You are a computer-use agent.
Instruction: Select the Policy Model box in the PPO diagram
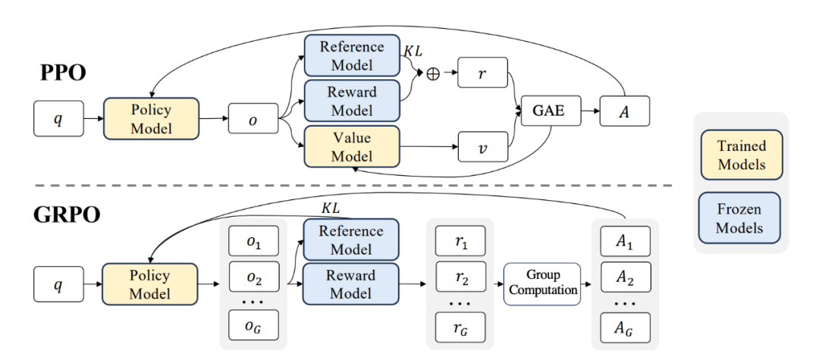click(x=151, y=119)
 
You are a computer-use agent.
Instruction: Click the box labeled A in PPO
click(x=625, y=111)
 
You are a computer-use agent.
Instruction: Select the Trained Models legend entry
click(x=742, y=155)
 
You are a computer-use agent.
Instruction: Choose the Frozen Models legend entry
click(x=742, y=218)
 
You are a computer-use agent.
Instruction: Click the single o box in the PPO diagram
click(x=253, y=119)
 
